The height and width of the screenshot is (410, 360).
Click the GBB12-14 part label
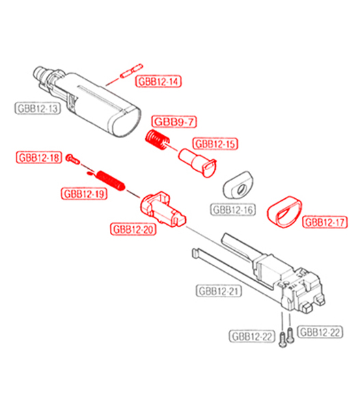pyautogui.click(x=158, y=81)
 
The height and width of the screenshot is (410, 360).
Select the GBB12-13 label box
pyautogui.click(x=38, y=108)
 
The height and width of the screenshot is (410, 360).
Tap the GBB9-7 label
pyautogui.click(x=174, y=122)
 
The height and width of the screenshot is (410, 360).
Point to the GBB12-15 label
pyautogui.click(x=215, y=143)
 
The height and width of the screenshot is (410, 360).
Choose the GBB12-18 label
pyautogui.click(x=39, y=158)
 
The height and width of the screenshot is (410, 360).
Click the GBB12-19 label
pyautogui.click(x=84, y=194)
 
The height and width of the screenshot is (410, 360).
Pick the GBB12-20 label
pyautogui.click(x=133, y=230)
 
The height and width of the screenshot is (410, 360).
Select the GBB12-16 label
pyautogui.click(x=233, y=210)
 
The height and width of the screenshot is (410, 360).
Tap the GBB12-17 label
pyautogui.click(x=325, y=222)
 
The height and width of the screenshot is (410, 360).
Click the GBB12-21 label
pyautogui.click(x=219, y=291)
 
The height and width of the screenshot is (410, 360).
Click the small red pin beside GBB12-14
pyautogui.click(x=132, y=71)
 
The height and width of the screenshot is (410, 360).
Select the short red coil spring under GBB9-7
pyautogui.click(x=157, y=139)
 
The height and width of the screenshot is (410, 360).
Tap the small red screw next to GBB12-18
pyautogui.click(x=72, y=159)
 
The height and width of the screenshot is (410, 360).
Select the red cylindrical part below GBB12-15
pyautogui.click(x=197, y=163)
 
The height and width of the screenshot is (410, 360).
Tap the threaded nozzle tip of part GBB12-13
pyautogui.click(x=39, y=72)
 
